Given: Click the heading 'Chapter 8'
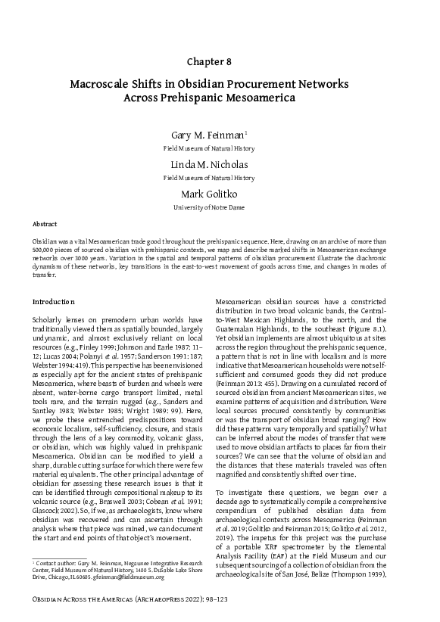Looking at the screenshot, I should click(x=220, y=61).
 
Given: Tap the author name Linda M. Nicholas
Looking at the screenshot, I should click(x=220, y=164).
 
